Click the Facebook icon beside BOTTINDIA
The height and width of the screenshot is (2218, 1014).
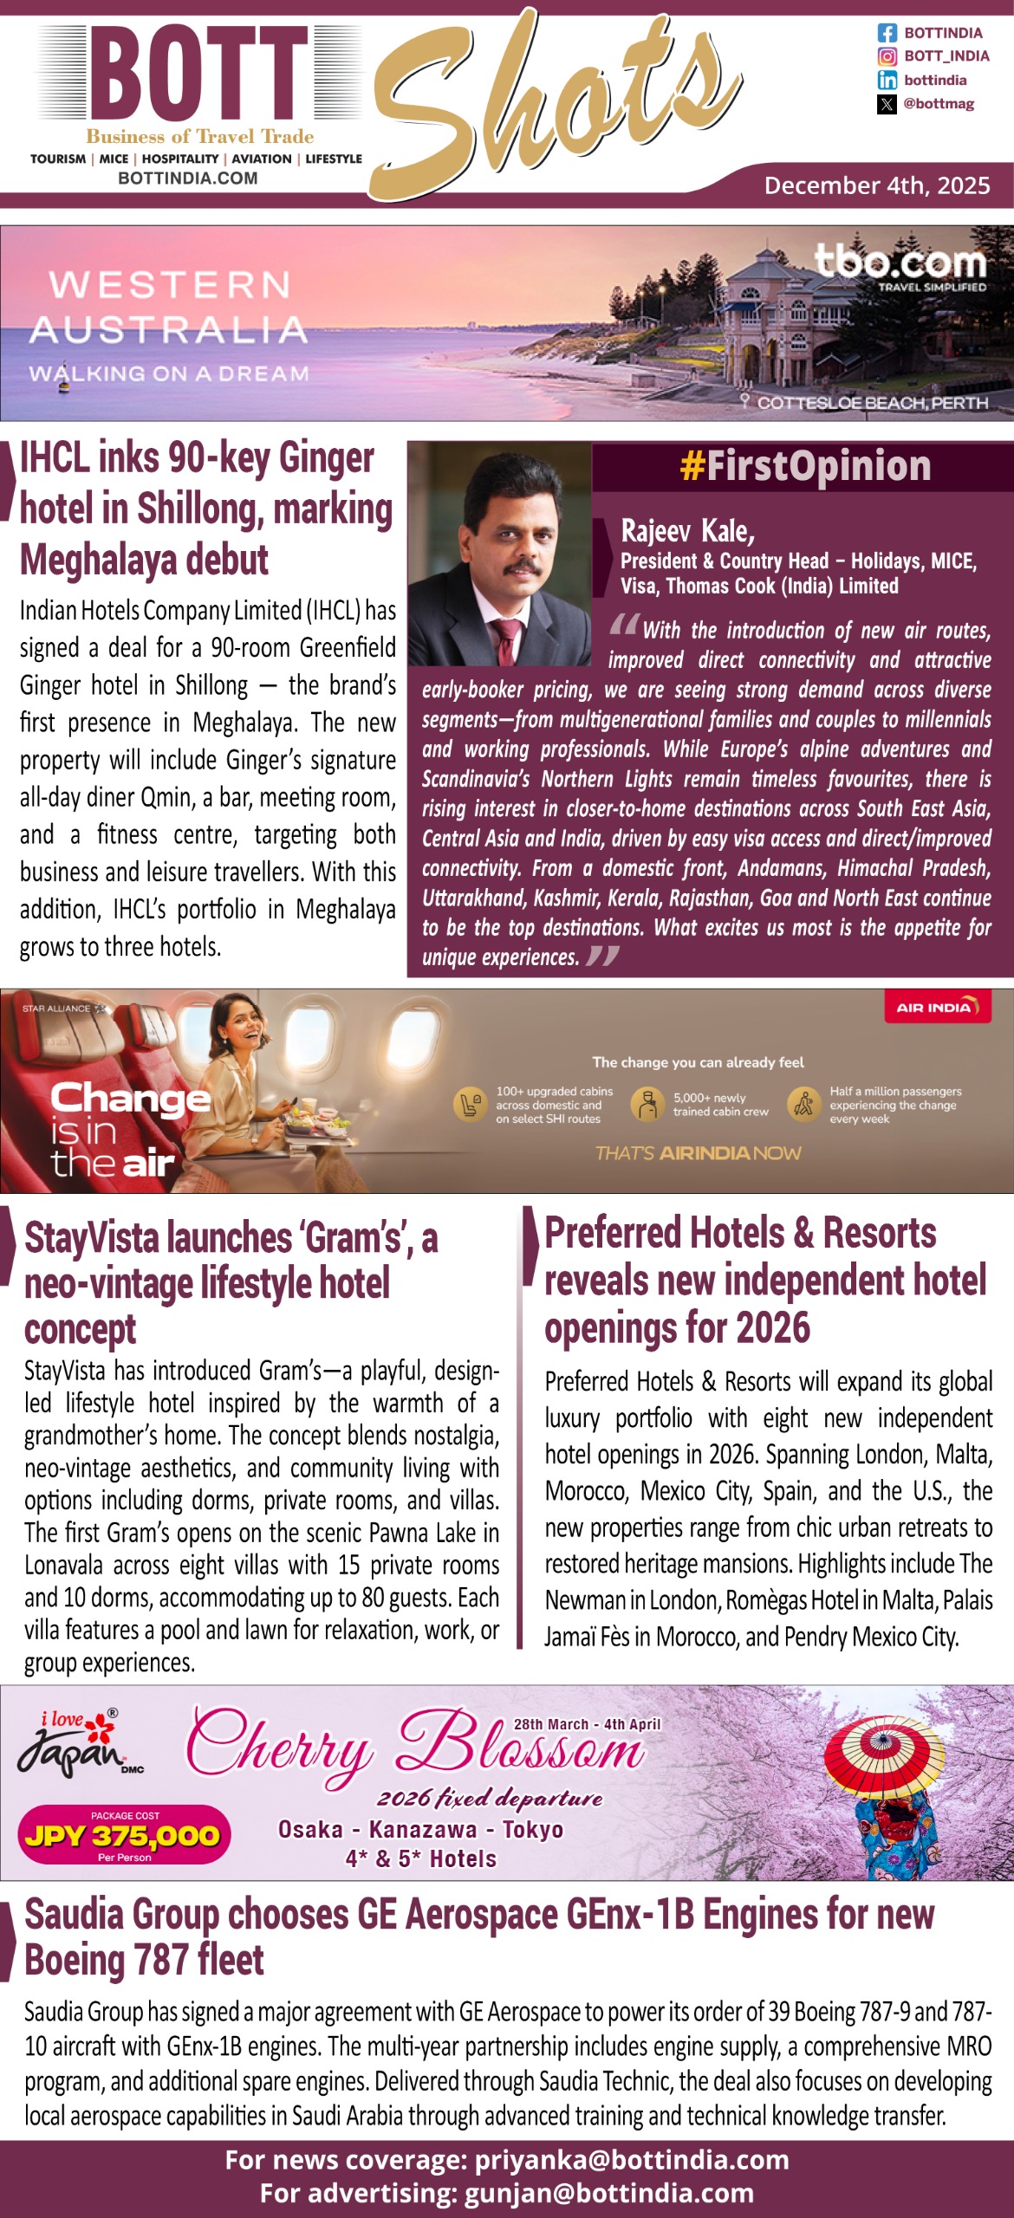tap(887, 33)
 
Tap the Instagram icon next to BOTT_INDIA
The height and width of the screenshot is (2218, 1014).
tap(887, 56)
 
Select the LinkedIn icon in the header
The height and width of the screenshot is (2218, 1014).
tap(887, 80)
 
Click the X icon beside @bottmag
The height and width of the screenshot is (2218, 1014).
tap(887, 104)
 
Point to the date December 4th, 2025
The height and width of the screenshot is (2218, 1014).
tap(876, 185)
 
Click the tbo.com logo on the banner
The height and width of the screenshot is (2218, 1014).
tap(900, 263)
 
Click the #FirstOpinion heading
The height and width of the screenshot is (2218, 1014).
tap(805, 466)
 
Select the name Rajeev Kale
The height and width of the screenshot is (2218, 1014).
tap(687, 530)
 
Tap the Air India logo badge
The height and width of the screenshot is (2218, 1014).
tap(937, 1008)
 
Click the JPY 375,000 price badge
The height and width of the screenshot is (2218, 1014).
tap(124, 1835)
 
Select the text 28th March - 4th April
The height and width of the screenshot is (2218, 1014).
tap(587, 1724)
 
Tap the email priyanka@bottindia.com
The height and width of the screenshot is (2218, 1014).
tap(631, 2160)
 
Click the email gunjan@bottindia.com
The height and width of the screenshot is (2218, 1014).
tap(608, 2193)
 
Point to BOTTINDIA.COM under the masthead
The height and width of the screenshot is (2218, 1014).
tap(187, 178)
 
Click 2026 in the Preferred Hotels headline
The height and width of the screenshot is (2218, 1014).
tap(769, 1327)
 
